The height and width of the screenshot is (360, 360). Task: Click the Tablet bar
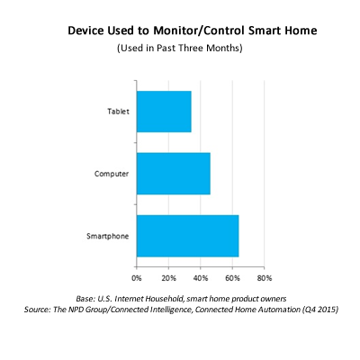click(164, 112)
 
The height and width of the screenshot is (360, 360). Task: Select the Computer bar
click(174, 174)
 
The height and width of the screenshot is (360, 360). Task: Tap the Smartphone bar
click(188, 236)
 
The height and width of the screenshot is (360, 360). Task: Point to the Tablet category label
click(118, 112)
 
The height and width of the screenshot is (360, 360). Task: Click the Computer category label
click(112, 174)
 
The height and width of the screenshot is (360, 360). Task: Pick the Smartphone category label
click(108, 236)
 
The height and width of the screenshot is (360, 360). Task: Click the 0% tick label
click(137, 278)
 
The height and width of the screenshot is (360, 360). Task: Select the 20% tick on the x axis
click(168, 278)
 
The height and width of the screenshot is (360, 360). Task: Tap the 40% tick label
click(201, 278)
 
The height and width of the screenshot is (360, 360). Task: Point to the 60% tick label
click(232, 278)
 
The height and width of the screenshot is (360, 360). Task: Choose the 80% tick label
click(265, 278)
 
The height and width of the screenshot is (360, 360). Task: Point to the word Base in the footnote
click(85, 299)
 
